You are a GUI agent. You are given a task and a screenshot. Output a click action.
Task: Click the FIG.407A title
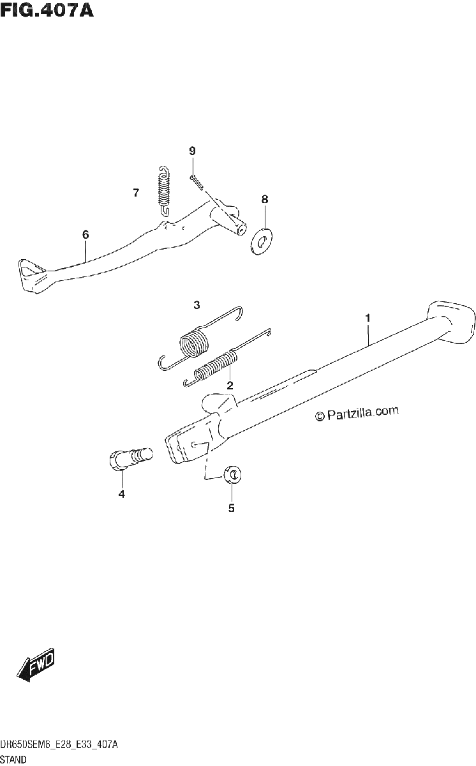pos(47,11)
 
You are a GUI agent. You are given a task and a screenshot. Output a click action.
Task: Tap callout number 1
pos(368,318)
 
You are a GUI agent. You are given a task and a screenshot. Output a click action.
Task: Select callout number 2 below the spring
pos(230,386)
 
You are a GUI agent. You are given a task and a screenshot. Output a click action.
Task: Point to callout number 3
pos(197,304)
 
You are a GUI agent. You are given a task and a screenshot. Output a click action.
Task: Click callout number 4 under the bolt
pos(122,494)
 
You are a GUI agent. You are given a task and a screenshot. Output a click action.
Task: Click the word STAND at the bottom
pos(13,760)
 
